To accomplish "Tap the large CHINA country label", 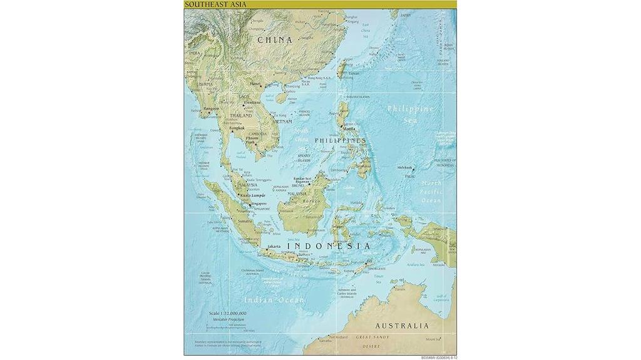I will tap(275, 40).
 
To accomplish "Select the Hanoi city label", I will tap(255, 83).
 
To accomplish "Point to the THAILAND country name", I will tap(241, 116).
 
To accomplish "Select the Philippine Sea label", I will tap(410, 113).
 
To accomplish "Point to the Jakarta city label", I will tap(274, 247).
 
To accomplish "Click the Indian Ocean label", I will tap(274, 300).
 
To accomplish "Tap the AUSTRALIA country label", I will tap(402, 326).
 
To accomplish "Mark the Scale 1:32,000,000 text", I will tap(228, 312).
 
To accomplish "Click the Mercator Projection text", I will tap(227, 319).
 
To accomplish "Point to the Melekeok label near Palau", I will tap(405, 168).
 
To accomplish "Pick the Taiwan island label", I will tap(354, 73).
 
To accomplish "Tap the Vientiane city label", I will tap(252, 102).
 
